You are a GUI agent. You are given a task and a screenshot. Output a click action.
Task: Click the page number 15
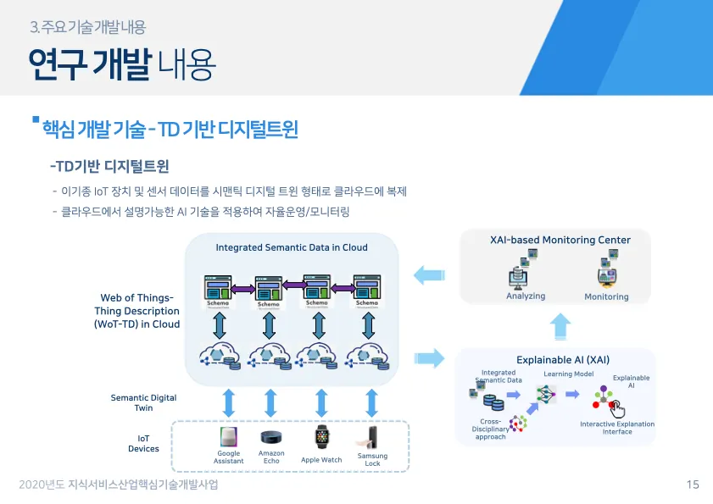point(693,485)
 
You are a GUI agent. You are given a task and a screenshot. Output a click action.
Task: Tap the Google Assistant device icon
point(228,437)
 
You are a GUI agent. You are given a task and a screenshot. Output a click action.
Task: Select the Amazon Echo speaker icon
point(271,438)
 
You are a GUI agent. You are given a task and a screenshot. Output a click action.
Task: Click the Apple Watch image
point(321,438)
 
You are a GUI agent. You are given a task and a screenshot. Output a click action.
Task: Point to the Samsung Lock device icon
point(370,436)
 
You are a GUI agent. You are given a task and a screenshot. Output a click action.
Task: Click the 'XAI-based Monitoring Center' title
point(560,240)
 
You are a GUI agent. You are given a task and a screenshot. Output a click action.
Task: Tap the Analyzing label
point(526,296)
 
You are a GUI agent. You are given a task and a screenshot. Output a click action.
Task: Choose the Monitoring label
point(606,297)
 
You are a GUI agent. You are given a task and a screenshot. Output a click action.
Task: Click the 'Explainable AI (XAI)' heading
point(563,359)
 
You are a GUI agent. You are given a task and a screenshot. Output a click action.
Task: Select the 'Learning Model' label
point(568,374)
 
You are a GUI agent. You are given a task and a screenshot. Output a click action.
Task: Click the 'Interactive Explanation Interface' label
point(617,428)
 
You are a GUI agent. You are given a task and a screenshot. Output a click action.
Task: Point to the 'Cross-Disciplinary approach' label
point(490,429)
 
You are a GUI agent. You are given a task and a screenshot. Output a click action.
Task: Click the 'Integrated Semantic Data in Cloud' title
point(292,247)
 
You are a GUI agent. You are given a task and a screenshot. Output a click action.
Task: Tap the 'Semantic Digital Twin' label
point(144,402)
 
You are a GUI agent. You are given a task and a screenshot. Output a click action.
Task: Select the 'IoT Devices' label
point(144,443)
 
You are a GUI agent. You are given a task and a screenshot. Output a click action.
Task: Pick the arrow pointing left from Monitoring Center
point(429,274)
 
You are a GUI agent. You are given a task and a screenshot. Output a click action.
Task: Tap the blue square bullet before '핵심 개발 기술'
point(36,120)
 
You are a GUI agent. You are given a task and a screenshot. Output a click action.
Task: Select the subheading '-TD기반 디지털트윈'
point(109,164)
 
